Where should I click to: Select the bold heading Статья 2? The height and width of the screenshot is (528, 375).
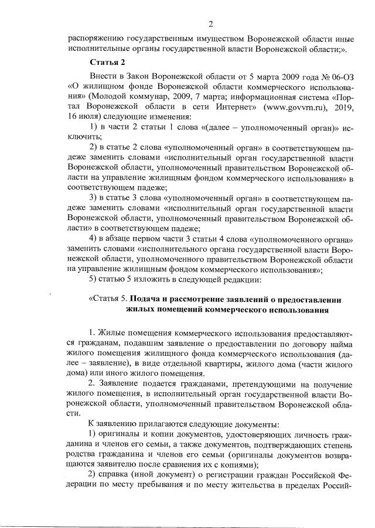tap(105, 62)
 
